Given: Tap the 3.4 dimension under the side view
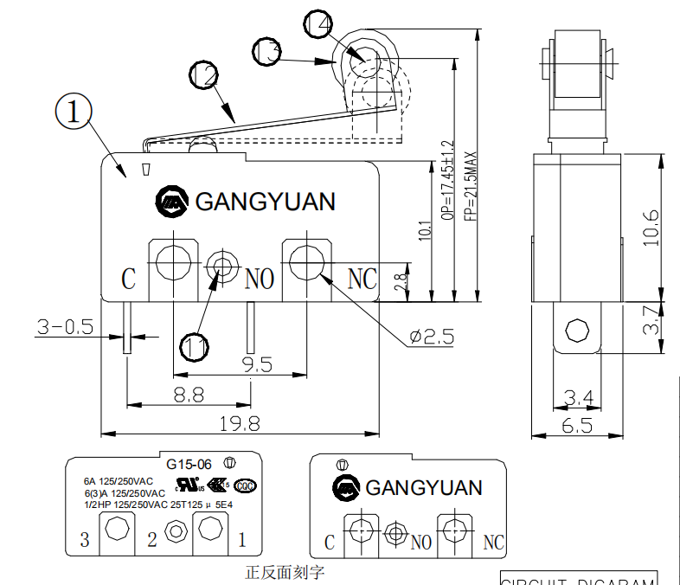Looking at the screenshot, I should [579, 396].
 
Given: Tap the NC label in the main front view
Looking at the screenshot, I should [362, 278].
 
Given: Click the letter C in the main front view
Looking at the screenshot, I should [128, 280].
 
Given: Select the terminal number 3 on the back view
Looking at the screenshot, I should [85, 540].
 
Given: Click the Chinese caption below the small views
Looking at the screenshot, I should [285, 572].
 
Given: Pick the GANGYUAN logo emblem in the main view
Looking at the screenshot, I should [171, 202].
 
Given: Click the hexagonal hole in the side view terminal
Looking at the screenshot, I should [576, 330].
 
